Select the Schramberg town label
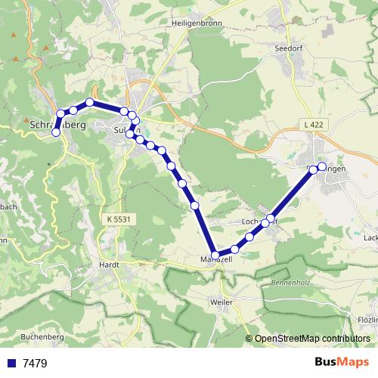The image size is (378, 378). tap(60, 123)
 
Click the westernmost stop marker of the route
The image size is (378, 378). tap(55, 132)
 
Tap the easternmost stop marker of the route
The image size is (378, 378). tap(322, 166)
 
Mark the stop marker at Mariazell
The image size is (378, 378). tap(216, 255)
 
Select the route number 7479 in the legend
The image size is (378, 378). tap(36, 363)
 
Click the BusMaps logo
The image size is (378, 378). tap(342, 362)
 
